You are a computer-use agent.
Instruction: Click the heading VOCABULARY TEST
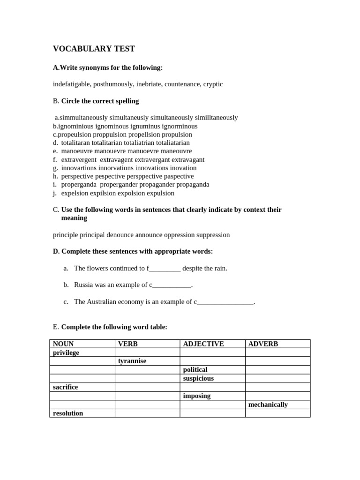pyautogui.click(x=94, y=49)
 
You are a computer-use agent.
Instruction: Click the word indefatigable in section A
pyautogui.click(x=72, y=84)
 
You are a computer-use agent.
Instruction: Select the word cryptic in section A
pyautogui.click(x=213, y=84)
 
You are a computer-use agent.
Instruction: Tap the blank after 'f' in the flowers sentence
pyautogui.click(x=165, y=269)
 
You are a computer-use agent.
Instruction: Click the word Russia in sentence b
pyautogui.click(x=84, y=285)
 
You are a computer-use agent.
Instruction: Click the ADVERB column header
pyautogui.click(x=263, y=344)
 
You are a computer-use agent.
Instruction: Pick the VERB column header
pyautogui.click(x=128, y=344)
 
